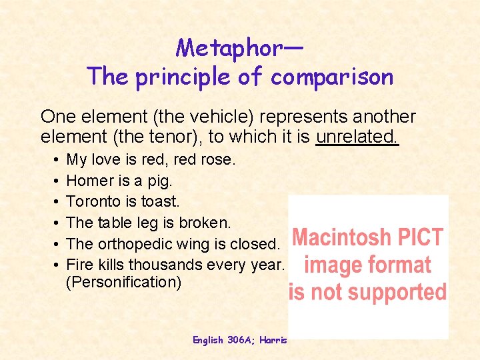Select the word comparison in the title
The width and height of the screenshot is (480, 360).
pos(332,77)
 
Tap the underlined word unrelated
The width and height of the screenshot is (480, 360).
pos(357,137)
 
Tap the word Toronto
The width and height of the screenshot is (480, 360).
pos(93,201)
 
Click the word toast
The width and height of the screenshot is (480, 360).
pos(159,201)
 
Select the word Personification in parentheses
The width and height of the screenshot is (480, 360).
pos(124,283)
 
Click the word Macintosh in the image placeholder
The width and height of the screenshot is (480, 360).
pos(343,237)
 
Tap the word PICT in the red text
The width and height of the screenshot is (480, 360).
pos(420,237)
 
